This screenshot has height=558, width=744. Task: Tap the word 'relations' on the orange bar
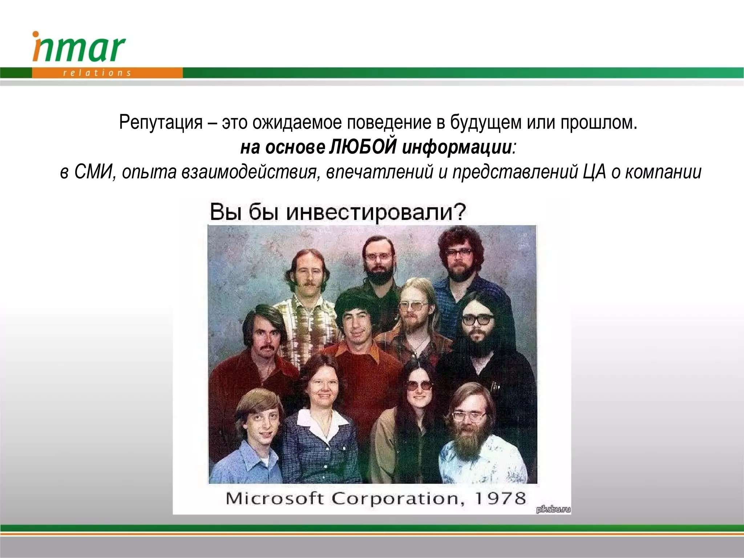click(97, 73)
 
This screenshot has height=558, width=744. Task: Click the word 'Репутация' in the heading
click(161, 122)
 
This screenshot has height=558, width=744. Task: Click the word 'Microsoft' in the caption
click(274, 498)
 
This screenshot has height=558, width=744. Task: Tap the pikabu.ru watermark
click(553, 509)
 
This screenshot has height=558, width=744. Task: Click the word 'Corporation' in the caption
click(398, 498)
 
